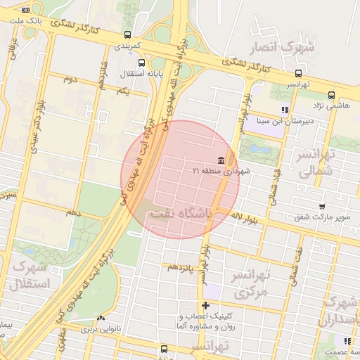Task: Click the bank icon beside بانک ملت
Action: point(26,10)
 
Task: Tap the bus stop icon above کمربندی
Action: point(127,34)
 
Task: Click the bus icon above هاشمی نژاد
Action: point(331,95)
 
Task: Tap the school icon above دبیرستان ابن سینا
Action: point(285,110)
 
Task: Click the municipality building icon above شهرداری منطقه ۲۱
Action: point(221,160)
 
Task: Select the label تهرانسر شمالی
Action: point(314,162)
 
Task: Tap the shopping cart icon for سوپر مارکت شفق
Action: point(321,207)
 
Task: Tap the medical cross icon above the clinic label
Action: point(205,305)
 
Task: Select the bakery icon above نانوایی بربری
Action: point(101,318)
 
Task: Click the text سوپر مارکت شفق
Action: point(322,217)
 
